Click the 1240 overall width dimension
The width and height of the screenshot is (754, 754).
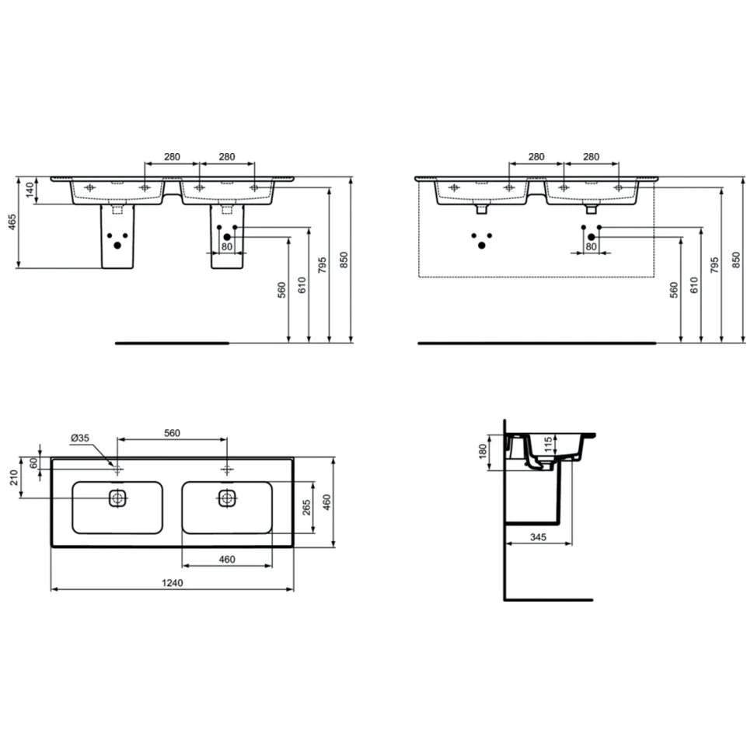pos(172,583)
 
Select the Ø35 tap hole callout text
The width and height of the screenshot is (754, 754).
pos(80,438)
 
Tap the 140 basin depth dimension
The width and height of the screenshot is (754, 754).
pos(30,190)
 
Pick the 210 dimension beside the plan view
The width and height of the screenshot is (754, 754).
pos(14,478)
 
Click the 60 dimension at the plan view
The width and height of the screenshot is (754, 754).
pos(33,463)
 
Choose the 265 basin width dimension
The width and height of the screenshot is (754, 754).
pos(306,508)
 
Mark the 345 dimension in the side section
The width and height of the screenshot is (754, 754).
pos(538,537)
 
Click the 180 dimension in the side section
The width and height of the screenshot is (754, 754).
pos(483,451)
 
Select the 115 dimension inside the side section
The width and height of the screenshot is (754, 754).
pos(548,445)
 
